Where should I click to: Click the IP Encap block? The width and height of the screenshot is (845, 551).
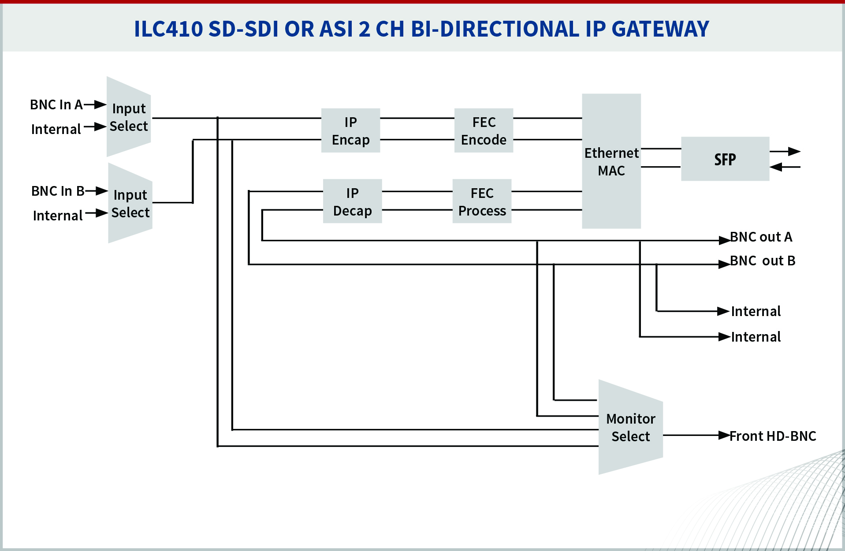pos(350,130)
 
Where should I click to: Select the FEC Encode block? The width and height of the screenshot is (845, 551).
pos(484,130)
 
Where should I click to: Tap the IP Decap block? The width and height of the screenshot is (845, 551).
pos(352,201)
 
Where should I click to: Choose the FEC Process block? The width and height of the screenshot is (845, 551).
pos(482,201)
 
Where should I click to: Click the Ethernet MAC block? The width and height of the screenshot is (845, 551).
pos(611,161)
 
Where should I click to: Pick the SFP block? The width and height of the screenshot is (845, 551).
pos(725,159)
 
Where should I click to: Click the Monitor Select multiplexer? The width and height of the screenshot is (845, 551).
pos(630,427)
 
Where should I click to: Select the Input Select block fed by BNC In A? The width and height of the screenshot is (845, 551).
pos(129,117)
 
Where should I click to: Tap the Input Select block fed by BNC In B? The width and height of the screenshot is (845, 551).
pos(130,203)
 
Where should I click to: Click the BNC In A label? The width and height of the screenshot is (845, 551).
pos(56,105)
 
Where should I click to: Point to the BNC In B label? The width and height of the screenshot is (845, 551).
pos(58,191)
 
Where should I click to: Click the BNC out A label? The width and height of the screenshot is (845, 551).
pos(761,237)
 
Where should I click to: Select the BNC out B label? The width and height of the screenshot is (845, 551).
pos(763,261)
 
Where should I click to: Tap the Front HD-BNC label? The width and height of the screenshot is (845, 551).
pos(773,436)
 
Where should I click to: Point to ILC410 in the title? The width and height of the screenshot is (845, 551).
pos(168,29)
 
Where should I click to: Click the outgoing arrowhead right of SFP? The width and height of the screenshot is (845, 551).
pos(794,152)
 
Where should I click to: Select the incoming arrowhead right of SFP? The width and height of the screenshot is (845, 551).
pos(776,167)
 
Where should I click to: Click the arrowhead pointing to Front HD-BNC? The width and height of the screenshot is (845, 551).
pos(724,436)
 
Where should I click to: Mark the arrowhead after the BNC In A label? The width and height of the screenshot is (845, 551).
pos(101,104)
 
